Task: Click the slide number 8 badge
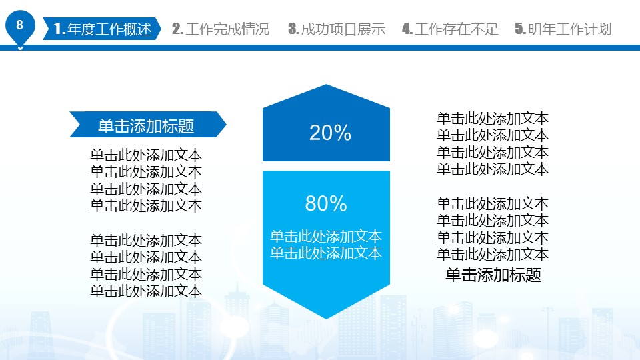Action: point(19,25)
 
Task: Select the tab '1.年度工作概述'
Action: point(102,29)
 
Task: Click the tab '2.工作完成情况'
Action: point(221,29)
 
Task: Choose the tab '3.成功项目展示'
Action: point(337,29)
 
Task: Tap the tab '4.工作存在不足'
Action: point(450,29)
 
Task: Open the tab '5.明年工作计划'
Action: point(563,29)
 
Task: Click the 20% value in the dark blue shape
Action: point(330,133)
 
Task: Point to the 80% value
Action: point(326,203)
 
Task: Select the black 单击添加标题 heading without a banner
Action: point(493,275)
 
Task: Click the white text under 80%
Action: point(326,245)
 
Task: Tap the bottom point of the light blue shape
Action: point(326,319)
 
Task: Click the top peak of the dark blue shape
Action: point(326,85)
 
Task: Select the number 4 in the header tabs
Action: point(407,29)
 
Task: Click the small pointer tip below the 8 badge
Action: point(20,48)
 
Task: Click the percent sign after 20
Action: point(343,133)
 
